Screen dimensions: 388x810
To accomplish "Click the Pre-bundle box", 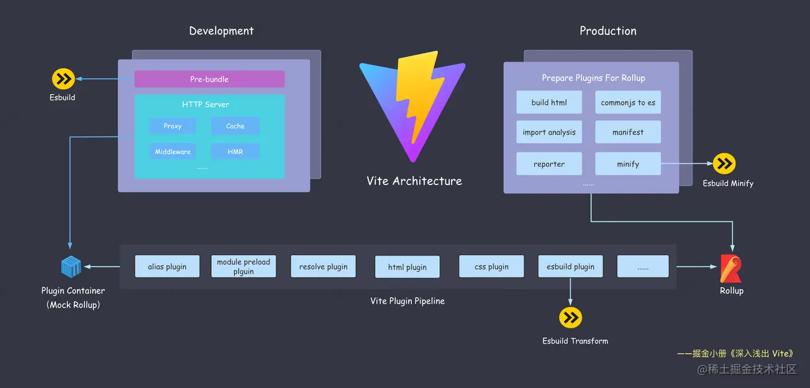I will [209, 79].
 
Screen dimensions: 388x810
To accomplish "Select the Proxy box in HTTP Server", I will [173, 126].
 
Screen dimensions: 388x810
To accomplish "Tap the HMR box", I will [235, 151].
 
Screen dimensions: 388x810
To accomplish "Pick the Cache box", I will [235, 126].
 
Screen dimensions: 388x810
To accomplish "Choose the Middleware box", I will [173, 151].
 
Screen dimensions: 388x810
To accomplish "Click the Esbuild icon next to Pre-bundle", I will [63, 79].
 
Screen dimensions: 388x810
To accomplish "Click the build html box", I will [549, 102].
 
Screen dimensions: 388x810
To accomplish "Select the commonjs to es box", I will [628, 102].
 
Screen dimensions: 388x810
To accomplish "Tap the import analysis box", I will [549, 132].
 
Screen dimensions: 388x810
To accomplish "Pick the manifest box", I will [628, 132].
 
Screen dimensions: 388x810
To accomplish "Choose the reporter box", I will [549, 164].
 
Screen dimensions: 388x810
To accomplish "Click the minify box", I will [628, 164].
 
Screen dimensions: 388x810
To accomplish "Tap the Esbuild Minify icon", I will [724, 164].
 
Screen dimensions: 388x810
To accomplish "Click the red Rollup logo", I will [731, 268].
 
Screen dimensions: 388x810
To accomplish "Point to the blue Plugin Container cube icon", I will [71, 267].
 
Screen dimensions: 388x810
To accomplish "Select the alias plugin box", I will [167, 266].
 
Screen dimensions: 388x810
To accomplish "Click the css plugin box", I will [491, 266].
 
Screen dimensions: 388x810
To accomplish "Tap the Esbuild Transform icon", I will [570, 318].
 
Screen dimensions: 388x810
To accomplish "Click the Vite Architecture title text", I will [414, 181].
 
